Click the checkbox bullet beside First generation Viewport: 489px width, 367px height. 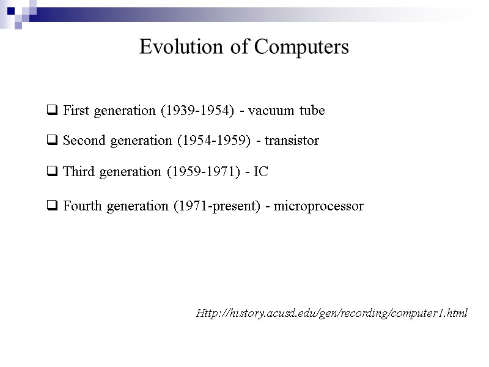point(53,111)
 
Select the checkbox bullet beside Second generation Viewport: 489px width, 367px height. point(53,141)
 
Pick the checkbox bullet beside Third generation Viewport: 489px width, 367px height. point(53,172)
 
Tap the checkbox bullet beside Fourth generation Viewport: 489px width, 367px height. point(53,207)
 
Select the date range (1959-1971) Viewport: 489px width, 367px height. point(204,172)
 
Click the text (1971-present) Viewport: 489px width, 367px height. point(218,207)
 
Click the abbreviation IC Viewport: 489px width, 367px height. point(261,172)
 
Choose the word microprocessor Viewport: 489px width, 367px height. point(318,207)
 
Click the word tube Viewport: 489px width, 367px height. point(312,111)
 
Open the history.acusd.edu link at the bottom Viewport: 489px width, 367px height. point(331,313)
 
